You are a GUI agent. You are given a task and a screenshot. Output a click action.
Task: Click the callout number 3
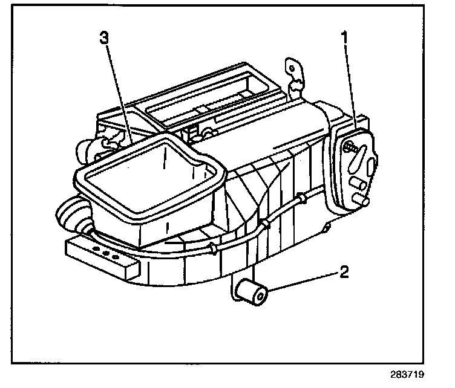(105, 37)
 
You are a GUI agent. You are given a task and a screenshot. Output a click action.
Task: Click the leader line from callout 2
(303, 282)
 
